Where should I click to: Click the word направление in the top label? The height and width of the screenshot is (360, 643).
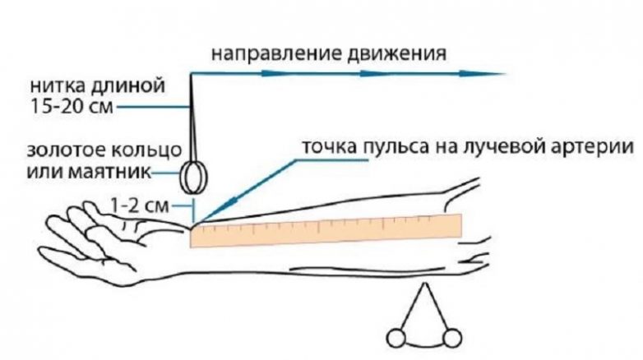click(x=262, y=53)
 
